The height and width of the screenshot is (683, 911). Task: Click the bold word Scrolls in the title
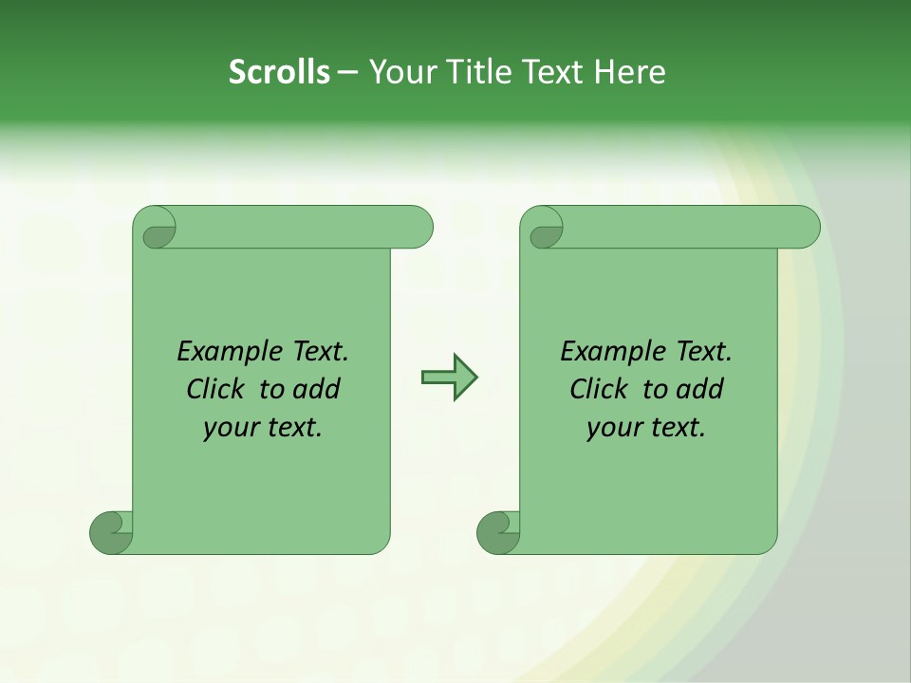(x=279, y=72)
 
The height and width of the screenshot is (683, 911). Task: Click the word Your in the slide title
(x=400, y=72)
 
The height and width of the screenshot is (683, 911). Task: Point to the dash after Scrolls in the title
(x=347, y=73)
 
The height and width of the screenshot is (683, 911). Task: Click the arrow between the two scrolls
(x=449, y=378)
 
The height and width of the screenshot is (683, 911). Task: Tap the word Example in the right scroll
(x=612, y=352)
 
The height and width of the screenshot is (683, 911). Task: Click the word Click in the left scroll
(x=217, y=390)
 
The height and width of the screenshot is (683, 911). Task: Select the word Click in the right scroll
(x=601, y=390)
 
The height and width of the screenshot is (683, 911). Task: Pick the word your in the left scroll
(x=229, y=429)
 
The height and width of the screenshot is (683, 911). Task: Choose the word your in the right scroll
(x=612, y=429)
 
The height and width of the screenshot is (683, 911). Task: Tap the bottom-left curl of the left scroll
(x=110, y=533)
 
